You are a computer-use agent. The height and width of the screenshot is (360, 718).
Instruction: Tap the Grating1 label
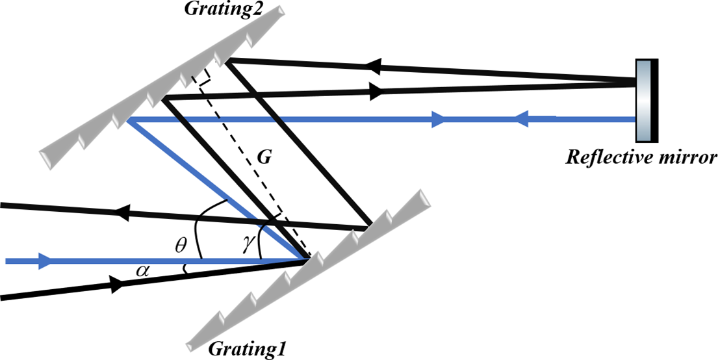point(247,348)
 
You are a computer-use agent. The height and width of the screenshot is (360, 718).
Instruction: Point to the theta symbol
point(182,245)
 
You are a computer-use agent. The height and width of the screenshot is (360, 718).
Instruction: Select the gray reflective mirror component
point(643,100)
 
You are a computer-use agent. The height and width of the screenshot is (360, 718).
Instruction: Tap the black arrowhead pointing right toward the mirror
point(376,93)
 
